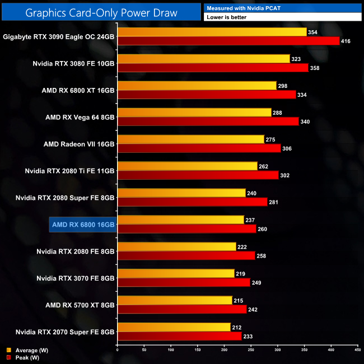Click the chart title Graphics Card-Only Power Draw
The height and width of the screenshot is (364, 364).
click(x=101, y=11)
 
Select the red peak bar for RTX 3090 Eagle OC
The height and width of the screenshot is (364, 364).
click(x=228, y=41)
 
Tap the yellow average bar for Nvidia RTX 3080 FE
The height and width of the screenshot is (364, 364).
click(x=203, y=59)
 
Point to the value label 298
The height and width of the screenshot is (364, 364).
click(x=283, y=86)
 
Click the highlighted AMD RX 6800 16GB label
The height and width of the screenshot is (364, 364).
click(x=83, y=224)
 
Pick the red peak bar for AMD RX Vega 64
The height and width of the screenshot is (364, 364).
click(x=208, y=122)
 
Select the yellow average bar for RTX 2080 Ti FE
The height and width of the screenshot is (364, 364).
click(x=187, y=166)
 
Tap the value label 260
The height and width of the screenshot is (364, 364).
click(x=263, y=228)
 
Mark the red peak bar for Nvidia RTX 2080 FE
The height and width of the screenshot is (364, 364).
click(x=186, y=255)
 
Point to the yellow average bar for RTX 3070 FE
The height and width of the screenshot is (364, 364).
click(x=176, y=273)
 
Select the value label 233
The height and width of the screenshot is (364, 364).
click(x=249, y=336)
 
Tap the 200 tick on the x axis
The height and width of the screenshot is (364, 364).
click(x=224, y=350)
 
